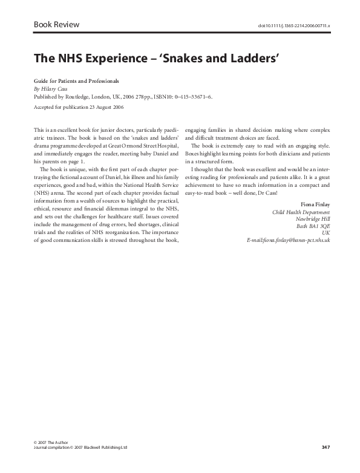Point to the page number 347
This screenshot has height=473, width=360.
(x=325, y=447)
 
